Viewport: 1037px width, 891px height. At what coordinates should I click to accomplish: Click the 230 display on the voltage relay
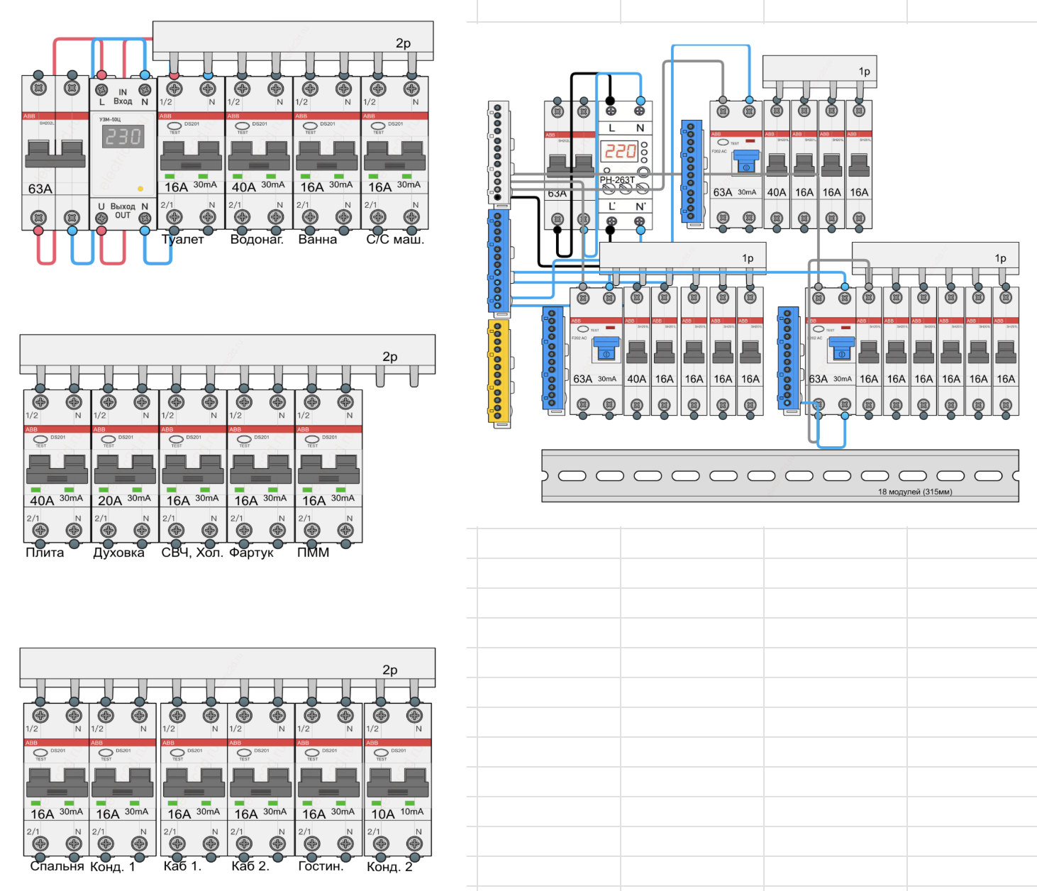pyautogui.click(x=124, y=136)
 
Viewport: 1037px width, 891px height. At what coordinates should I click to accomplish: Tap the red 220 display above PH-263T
pyautogui.click(x=620, y=151)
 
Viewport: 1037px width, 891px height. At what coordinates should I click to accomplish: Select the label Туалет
pyautogui.click(x=183, y=240)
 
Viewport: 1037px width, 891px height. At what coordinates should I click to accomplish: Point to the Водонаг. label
pyautogui.click(x=257, y=240)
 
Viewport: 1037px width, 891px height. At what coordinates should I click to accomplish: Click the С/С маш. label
pyautogui.click(x=395, y=240)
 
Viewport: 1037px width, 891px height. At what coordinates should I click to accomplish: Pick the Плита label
pyautogui.click(x=45, y=553)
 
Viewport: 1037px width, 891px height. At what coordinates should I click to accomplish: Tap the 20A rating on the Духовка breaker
pyautogui.click(x=110, y=501)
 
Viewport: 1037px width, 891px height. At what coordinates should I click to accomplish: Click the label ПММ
pyautogui.click(x=313, y=553)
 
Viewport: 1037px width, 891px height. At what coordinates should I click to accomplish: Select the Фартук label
pyautogui.click(x=251, y=553)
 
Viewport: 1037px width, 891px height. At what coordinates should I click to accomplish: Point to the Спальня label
pyautogui.click(x=57, y=866)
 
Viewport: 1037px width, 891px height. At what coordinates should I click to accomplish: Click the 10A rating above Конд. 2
pyautogui.click(x=383, y=814)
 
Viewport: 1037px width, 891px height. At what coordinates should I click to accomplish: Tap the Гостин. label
pyautogui.click(x=321, y=866)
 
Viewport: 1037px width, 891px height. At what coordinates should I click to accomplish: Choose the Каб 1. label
pyautogui.click(x=182, y=866)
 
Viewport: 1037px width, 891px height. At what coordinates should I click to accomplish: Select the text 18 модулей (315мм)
pyautogui.click(x=915, y=492)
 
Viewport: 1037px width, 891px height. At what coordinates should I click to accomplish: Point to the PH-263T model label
pyautogui.click(x=617, y=180)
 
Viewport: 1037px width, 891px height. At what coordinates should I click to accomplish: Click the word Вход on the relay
pyautogui.click(x=123, y=101)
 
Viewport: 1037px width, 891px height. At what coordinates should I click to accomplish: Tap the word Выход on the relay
pyautogui.click(x=123, y=206)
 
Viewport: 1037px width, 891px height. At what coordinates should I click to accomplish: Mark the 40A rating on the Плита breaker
pyautogui.click(x=42, y=501)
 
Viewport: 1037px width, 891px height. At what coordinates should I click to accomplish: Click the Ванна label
pyautogui.click(x=317, y=240)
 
